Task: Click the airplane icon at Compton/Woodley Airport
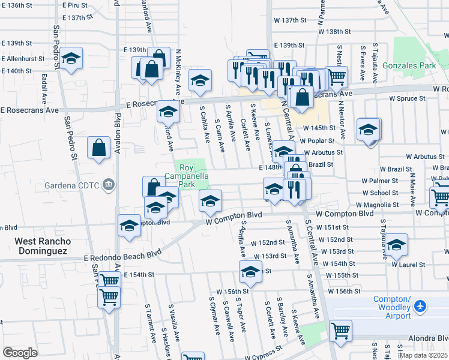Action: pos(420,307)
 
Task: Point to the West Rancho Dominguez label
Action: pos(43,246)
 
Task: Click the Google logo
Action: pos(20,353)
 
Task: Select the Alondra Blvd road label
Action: pos(427,338)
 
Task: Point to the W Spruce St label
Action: pos(407,98)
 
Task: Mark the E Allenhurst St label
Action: pos(23,59)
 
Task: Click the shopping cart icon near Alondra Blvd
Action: pos(340,329)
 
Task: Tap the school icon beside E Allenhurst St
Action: pos(71,58)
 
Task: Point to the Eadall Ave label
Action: pos(44,88)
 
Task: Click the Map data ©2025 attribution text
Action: pos(423,355)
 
